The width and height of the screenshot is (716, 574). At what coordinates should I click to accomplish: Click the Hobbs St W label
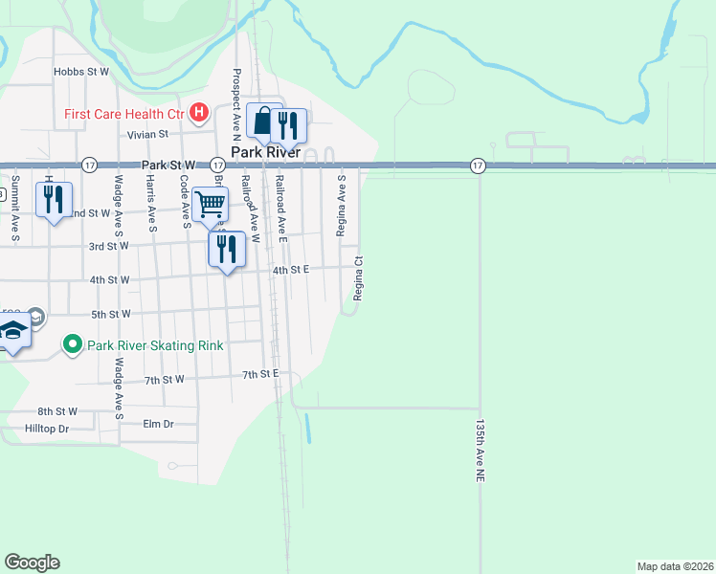click(x=81, y=71)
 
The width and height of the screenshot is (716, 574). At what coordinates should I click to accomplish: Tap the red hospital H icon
click(x=199, y=114)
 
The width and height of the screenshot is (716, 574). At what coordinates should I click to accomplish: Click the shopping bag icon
click(x=263, y=121)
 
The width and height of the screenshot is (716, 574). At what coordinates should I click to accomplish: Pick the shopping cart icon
click(x=210, y=204)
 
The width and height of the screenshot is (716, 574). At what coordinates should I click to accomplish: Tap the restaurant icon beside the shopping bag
click(x=287, y=124)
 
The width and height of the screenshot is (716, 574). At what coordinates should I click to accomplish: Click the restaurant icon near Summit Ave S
click(x=54, y=199)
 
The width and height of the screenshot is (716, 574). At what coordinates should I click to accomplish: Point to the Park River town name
click(x=265, y=152)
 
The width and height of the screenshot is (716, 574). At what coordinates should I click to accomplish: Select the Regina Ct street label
click(x=358, y=278)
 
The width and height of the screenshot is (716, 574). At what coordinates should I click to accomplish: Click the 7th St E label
click(x=259, y=372)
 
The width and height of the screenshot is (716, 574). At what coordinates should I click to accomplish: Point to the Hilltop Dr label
click(x=48, y=429)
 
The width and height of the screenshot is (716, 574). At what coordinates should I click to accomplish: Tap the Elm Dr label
click(x=158, y=423)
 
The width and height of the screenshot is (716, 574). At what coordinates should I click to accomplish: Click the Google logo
click(x=32, y=563)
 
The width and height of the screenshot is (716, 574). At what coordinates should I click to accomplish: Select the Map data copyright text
click(x=675, y=565)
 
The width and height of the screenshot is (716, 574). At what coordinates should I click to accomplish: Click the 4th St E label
click(x=291, y=271)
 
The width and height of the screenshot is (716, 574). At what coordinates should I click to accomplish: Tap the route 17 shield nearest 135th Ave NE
click(x=478, y=166)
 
